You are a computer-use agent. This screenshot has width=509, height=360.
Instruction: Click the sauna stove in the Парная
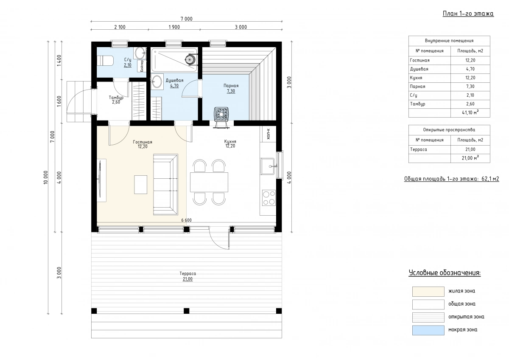pyautogui.click(x=221, y=114)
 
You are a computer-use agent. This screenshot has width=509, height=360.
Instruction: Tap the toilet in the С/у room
pyautogui.click(x=105, y=61)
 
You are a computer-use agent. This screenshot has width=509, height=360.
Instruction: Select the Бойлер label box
pyautogui.click(x=142, y=66)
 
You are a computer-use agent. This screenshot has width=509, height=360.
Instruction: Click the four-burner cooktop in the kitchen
pyautogui.click(x=269, y=198)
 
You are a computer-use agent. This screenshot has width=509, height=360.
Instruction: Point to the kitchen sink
pyautogui.click(x=268, y=166)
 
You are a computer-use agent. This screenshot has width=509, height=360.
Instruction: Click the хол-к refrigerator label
pyautogui.click(x=268, y=134)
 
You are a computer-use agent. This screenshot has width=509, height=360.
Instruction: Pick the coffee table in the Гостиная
pyautogui.click(x=140, y=184)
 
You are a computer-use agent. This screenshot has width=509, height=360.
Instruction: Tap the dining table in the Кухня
pyautogui.click(x=209, y=182)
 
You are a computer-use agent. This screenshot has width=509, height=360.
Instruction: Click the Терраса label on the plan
pyautogui.click(x=187, y=273)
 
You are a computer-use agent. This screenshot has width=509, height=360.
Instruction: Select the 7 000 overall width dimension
pyautogui.click(x=187, y=19)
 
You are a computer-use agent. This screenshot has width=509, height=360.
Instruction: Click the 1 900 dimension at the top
pyautogui.click(x=174, y=27)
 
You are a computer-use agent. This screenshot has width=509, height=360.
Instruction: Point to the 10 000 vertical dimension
pyautogui.click(x=46, y=177)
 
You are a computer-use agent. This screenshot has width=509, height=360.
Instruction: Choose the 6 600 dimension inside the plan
pyautogui.click(x=186, y=220)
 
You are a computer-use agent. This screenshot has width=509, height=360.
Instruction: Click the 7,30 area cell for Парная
pyautogui.click(x=470, y=87)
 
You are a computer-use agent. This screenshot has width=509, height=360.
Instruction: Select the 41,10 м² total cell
pyautogui.click(x=470, y=112)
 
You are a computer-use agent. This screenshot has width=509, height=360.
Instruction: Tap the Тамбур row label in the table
pyautogui.click(x=418, y=104)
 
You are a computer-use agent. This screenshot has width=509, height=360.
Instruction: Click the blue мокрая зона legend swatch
pyautogui.click(x=428, y=330)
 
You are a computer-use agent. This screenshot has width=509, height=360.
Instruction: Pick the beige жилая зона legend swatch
pyautogui.click(x=428, y=292)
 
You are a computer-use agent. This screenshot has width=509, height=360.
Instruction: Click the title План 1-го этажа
pyautogui.click(x=468, y=14)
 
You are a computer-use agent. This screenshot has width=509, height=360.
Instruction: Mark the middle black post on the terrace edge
pyautogui.click(x=186, y=311)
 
